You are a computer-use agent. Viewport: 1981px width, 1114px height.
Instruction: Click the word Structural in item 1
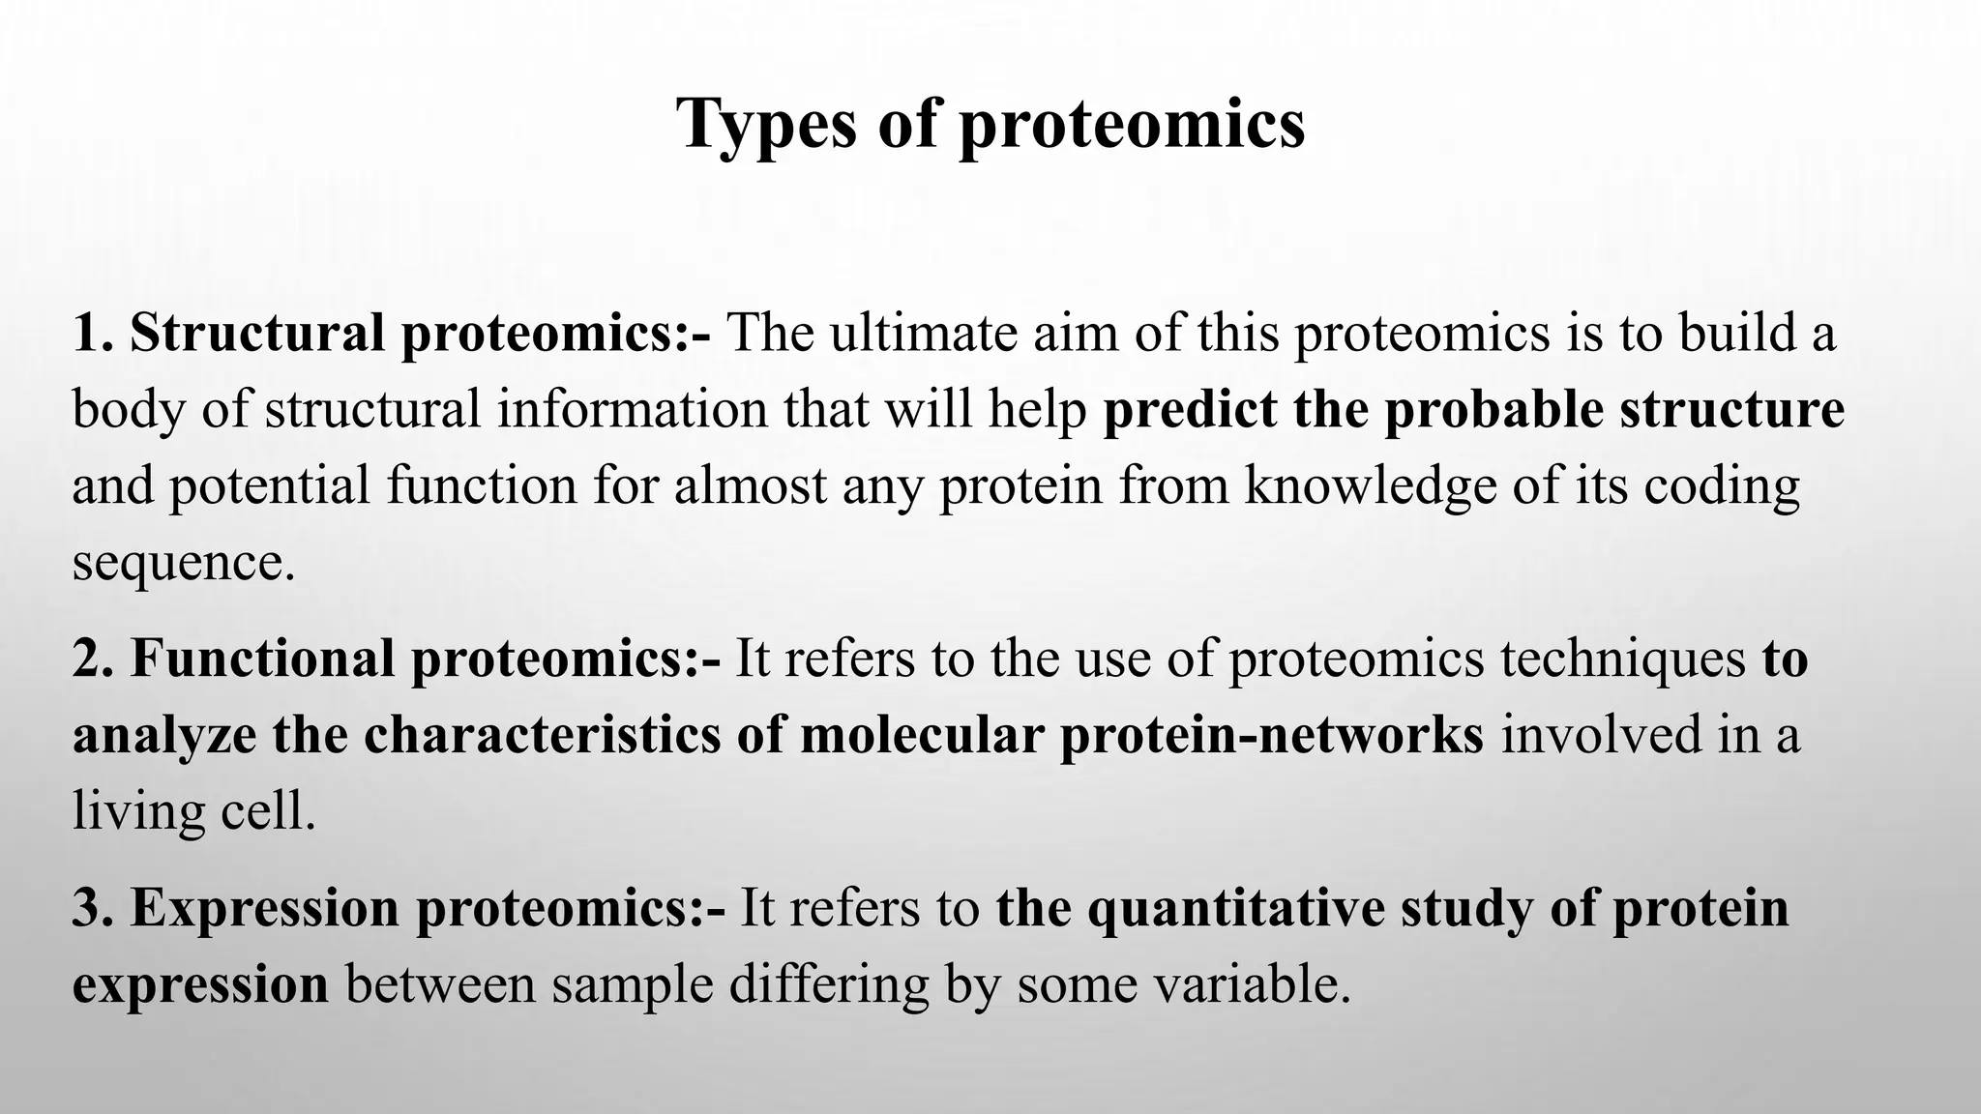257,334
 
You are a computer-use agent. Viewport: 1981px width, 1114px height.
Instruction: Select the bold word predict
1189,410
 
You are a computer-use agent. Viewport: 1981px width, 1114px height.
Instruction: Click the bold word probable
1493,410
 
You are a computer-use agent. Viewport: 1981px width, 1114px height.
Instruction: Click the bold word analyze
164,735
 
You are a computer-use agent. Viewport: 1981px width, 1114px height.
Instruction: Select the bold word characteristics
542,735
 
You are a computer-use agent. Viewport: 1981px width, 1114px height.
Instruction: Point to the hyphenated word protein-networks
1271,735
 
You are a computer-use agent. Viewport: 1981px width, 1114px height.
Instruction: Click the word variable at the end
1248,985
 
